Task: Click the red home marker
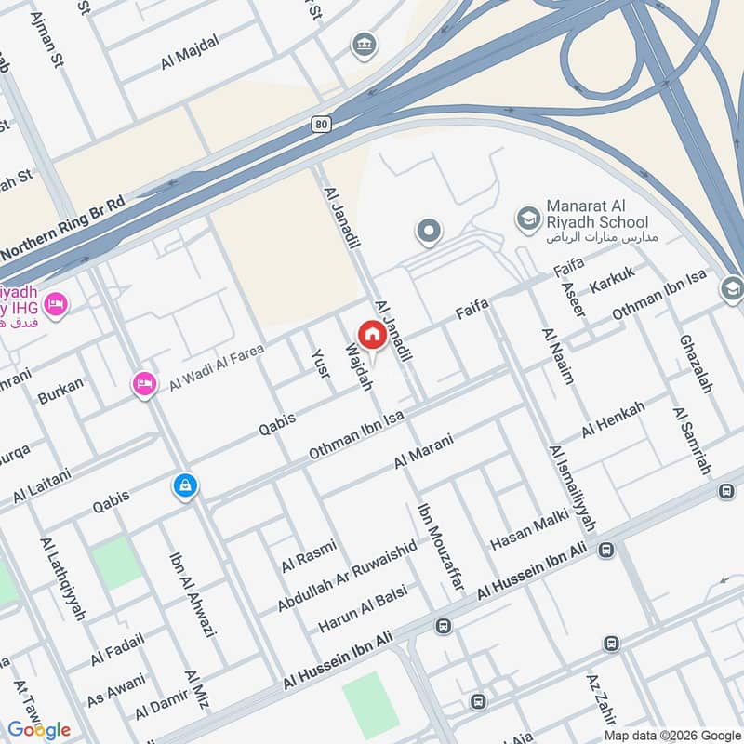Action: click(372, 335)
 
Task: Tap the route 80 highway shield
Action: click(322, 124)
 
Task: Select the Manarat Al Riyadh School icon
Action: click(528, 219)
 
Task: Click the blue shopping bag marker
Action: click(185, 485)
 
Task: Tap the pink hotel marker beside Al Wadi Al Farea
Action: click(144, 382)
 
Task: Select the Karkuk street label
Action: click(612, 282)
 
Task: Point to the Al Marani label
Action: click(423, 451)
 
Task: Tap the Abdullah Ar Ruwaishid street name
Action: click(347, 578)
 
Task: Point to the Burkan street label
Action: click(60, 391)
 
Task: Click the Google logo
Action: click(40, 729)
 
